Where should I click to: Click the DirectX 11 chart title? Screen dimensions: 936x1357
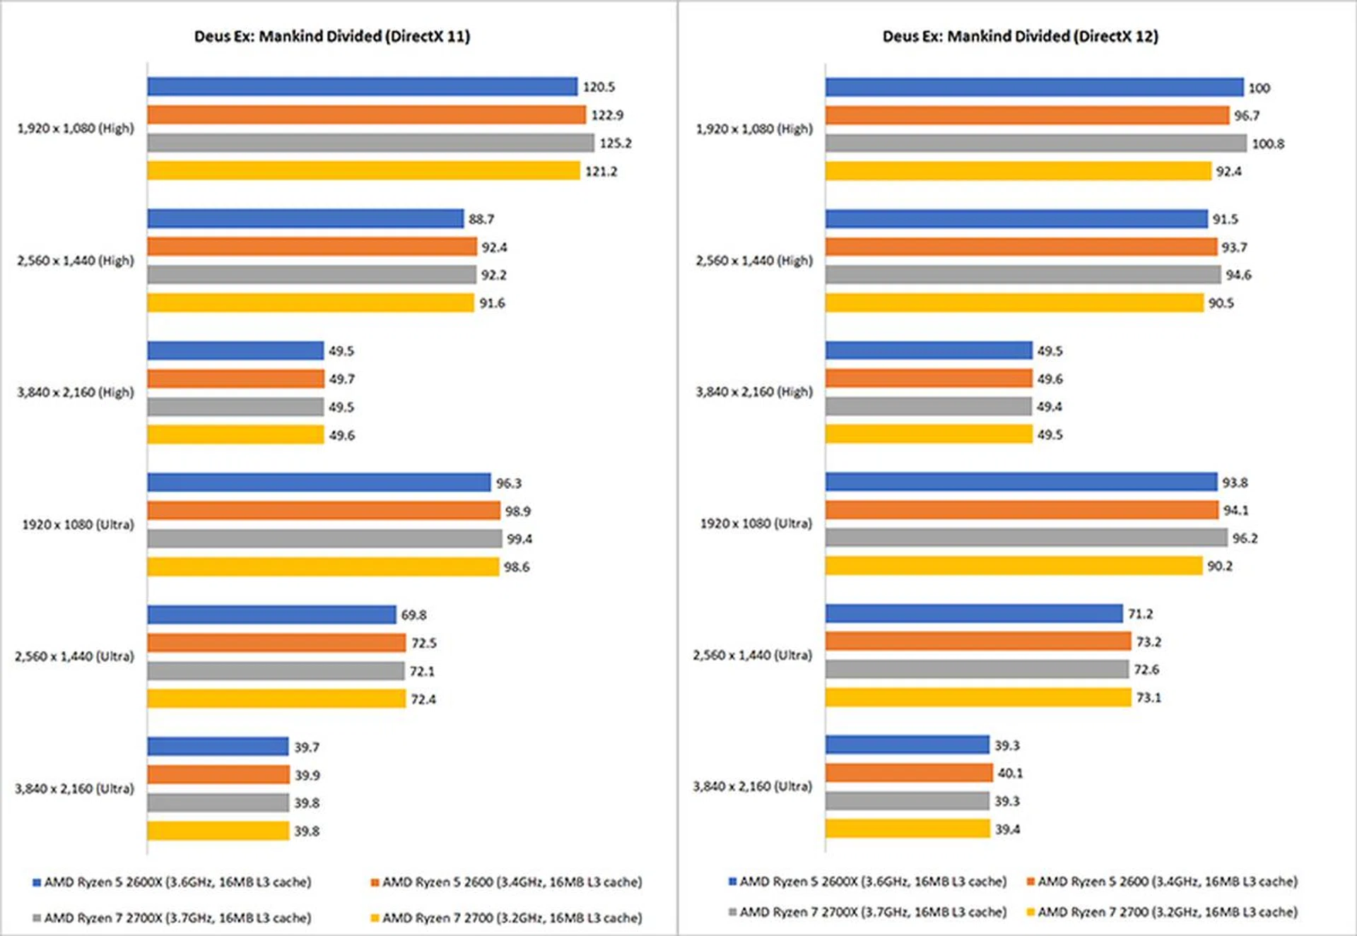click(x=331, y=36)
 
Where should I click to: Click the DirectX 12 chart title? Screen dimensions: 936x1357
click(x=1020, y=36)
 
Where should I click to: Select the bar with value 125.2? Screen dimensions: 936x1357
click(x=370, y=143)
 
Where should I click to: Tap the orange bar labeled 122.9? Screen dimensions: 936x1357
click(x=366, y=115)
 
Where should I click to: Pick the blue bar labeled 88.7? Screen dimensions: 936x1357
click(x=305, y=219)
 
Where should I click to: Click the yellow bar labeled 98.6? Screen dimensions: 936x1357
click(x=323, y=567)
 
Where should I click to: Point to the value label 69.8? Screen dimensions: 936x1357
click(x=413, y=615)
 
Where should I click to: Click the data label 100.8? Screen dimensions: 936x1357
click(x=1268, y=144)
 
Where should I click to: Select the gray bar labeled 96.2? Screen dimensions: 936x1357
click(x=1026, y=538)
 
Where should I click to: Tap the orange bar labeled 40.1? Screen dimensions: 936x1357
click(x=908, y=774)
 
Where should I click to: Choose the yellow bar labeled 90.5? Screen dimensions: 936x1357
click(x=1014, y=303)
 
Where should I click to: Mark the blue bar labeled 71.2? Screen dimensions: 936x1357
click(x=973, y=614)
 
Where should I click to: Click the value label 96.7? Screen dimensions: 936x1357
click(x=1247, y=116)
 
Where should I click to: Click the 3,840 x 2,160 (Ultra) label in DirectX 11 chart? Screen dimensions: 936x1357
click(x=74, y=788)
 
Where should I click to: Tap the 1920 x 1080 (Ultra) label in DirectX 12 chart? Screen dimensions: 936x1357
click(x=756, y=523)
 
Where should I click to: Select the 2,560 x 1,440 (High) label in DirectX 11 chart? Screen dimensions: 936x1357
click(x=75, y=261)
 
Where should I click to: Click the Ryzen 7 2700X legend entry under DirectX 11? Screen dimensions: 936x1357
click(x=172, y=918)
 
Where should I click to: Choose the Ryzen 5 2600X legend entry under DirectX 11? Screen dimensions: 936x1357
click(x=172, y=882)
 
